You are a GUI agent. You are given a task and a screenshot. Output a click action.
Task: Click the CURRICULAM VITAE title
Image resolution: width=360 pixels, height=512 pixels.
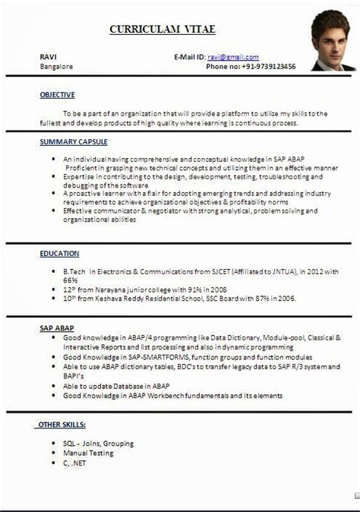[x=163, y=29]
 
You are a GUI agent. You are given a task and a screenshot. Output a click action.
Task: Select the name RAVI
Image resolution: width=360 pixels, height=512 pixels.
[x=47, y=57]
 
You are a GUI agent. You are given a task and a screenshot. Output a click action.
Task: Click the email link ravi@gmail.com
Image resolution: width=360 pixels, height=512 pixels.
[x=233, y=57]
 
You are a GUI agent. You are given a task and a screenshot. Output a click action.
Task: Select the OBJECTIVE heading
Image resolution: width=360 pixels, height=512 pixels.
[x=58, y=95]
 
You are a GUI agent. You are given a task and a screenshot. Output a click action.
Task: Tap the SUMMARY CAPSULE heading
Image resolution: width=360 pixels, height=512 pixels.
[x=74, y=142]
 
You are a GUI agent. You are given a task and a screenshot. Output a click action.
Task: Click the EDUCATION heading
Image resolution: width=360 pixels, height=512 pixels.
[x=60, y=253]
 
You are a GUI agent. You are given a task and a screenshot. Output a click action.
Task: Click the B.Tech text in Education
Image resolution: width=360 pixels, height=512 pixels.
[x=74, y=271]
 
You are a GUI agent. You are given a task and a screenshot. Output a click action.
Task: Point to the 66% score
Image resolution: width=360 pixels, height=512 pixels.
[x=71, y=280]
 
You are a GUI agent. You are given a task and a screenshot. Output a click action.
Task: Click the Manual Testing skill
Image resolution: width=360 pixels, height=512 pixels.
[x=88, y=453]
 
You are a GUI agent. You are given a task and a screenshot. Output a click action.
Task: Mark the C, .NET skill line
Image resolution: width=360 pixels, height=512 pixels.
[x=77, y=463]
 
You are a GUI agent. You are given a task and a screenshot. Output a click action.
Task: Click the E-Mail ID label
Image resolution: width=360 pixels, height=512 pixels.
[x=189, y=57]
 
